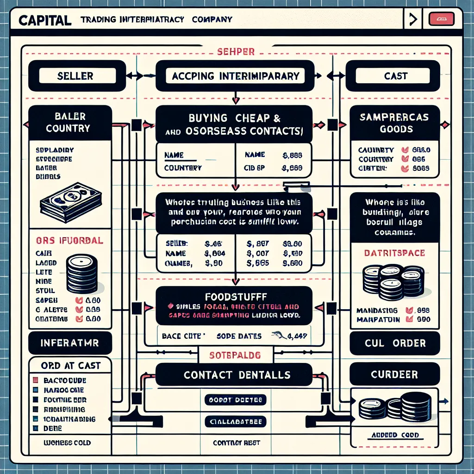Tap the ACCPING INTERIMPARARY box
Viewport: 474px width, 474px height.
[x=235, y=76]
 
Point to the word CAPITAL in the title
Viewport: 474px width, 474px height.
[x=45, y=20]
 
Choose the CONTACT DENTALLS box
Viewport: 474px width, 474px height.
[x=237, y=374]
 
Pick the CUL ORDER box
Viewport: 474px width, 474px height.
[x=395, y=343]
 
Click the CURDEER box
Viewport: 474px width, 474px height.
[x=395, y=374]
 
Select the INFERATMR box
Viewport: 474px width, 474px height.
[x=70, y=343]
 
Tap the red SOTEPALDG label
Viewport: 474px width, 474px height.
[x=236, y=355]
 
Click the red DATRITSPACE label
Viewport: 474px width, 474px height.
[x=395, y=253]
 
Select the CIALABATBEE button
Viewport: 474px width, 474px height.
[x=236, y=421]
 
